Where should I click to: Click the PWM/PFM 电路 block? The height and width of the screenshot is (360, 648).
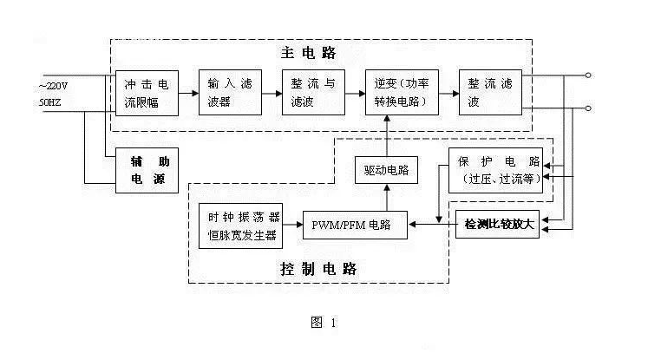pyautogui.click(x=357, y=224)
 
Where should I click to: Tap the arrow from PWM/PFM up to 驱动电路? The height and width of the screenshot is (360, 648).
pyautogui.click(x=386, y=197)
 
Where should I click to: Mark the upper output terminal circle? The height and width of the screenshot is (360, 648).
pyautogui.click(x=588, y=76)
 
